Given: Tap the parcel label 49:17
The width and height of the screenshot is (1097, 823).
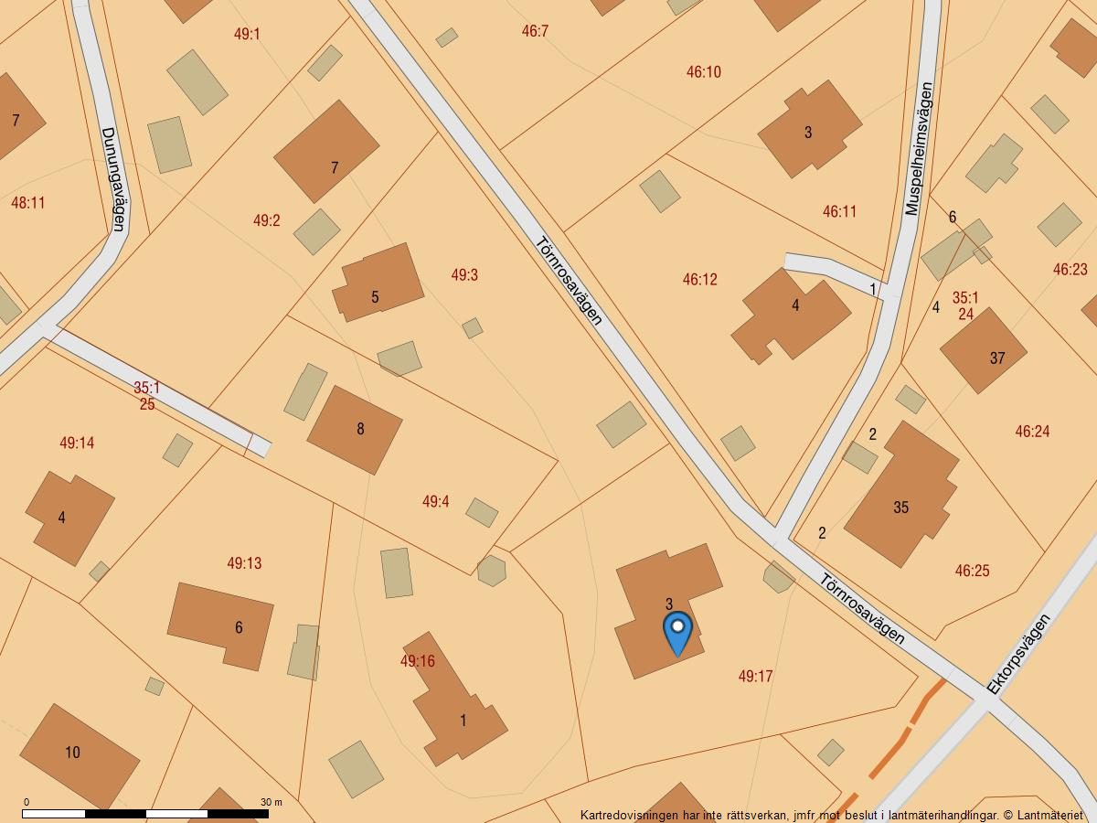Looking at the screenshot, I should (x=755, y=677).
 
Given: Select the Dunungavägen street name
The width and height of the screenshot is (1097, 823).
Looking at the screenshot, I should (x=112, y=177).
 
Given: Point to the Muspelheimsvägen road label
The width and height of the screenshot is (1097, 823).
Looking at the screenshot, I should (x=920, y=149).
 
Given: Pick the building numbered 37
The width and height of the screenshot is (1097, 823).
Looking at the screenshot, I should (x=984, y=351).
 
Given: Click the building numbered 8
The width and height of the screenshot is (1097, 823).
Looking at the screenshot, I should (x=355, y=429).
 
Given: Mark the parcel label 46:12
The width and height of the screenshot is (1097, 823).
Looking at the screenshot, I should (x=700, y=280).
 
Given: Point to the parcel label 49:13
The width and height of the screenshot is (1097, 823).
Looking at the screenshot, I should (x=244, y=563).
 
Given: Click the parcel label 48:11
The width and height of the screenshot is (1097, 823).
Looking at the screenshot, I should (x=27, y=203).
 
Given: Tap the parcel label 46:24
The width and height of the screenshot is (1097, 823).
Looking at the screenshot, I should (x=1032, y=432).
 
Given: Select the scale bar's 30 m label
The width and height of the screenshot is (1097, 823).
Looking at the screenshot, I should (x=272, y=802).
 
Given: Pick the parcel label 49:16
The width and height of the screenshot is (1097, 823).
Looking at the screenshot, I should (x=417, y=661).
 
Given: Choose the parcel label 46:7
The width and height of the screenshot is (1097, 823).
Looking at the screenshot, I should (x=535, y=31).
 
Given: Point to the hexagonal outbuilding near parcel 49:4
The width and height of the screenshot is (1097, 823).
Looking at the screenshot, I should (x=492, y=571).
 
